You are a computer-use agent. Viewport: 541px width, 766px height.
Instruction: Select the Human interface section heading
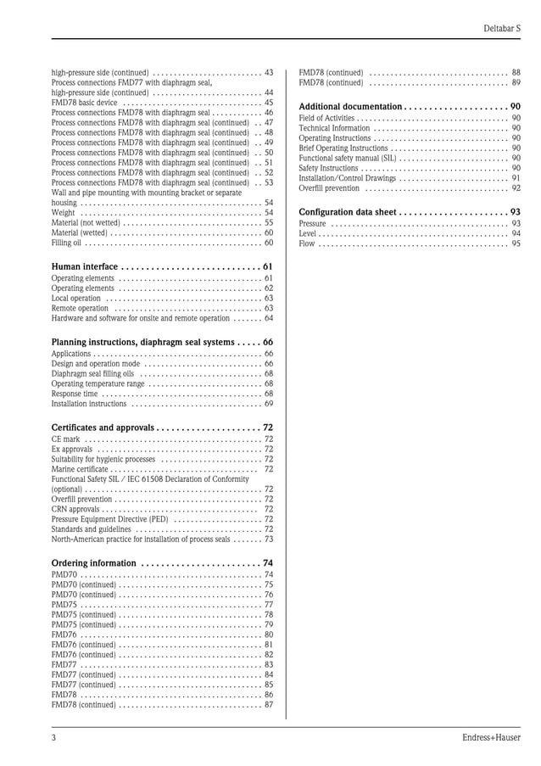coord(85,266)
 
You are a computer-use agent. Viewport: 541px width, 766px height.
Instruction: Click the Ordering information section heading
coord(93,562)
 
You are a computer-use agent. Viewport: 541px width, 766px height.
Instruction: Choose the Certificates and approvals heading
coord(103,427)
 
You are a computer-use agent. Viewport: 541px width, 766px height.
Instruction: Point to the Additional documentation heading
coord(350,106)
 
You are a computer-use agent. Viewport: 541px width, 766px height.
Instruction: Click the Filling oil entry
coord(66,243)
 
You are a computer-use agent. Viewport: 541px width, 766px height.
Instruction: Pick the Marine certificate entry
coord(80,469)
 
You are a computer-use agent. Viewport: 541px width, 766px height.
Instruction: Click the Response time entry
coord(75,394)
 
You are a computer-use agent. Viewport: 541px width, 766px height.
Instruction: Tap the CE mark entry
coord(65,439)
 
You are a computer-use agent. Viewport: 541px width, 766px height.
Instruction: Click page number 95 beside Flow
coord(516,243)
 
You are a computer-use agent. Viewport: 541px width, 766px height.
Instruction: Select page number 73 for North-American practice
coord(268,539)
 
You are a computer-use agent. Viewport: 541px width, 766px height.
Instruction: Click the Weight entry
coord(63,212)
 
